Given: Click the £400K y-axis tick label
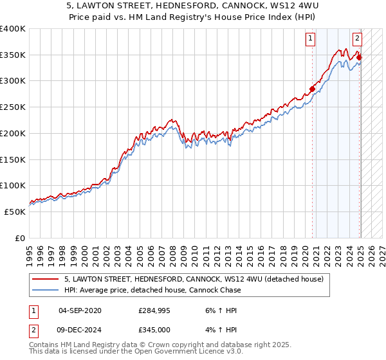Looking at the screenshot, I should pyautogui.click(x=13, y=29).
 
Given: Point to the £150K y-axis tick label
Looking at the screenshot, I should pyautogui.click(x=13, y=159).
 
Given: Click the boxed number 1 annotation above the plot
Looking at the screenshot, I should pyautogui.click(x=310, y=39).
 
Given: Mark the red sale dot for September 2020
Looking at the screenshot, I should pyautogui.click(x=312, y=89).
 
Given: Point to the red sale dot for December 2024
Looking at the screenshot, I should pyautogui.click(x=359, y=57).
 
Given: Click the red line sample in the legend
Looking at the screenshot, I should pyautogui.click(x=46, y=279).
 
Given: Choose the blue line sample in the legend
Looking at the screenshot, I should pyautogui.click(x=46, y=290).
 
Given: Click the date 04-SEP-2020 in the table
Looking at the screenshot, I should pyautogui.click(x=79, y=310).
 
